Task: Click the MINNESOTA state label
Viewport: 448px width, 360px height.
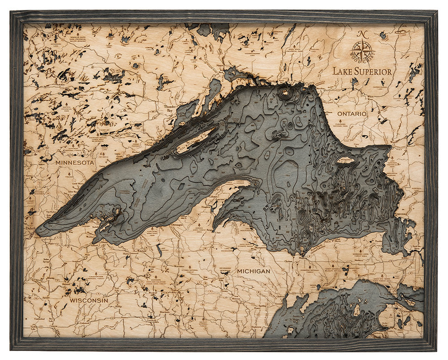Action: [75, 163]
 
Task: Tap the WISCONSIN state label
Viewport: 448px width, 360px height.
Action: [89, 300]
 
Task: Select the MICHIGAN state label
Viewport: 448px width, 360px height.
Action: [254, 271]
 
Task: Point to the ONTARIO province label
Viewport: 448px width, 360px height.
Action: [352, 114]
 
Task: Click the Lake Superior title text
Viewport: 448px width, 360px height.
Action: [362, 71]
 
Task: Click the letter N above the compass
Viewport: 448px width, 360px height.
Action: [362, 34]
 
